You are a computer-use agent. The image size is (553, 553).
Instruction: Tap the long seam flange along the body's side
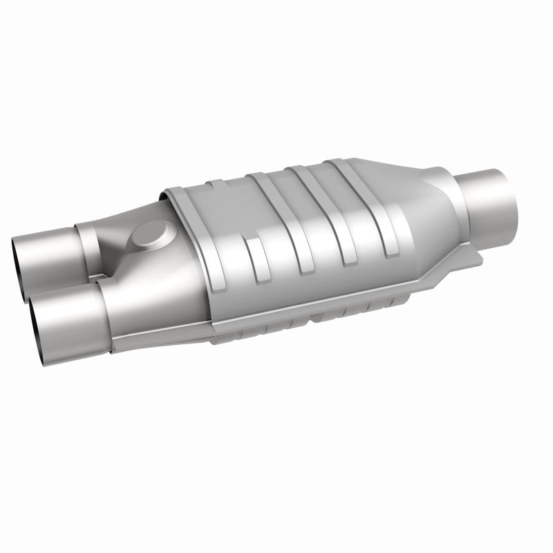pyautogui.click(x=311, y=308)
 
